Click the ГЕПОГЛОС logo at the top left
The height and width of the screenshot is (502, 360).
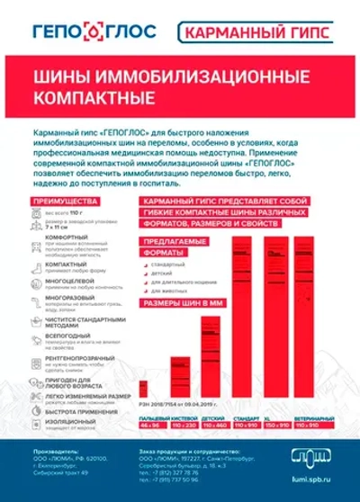point(94,31)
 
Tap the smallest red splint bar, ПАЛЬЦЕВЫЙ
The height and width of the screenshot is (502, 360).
point(144,388)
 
